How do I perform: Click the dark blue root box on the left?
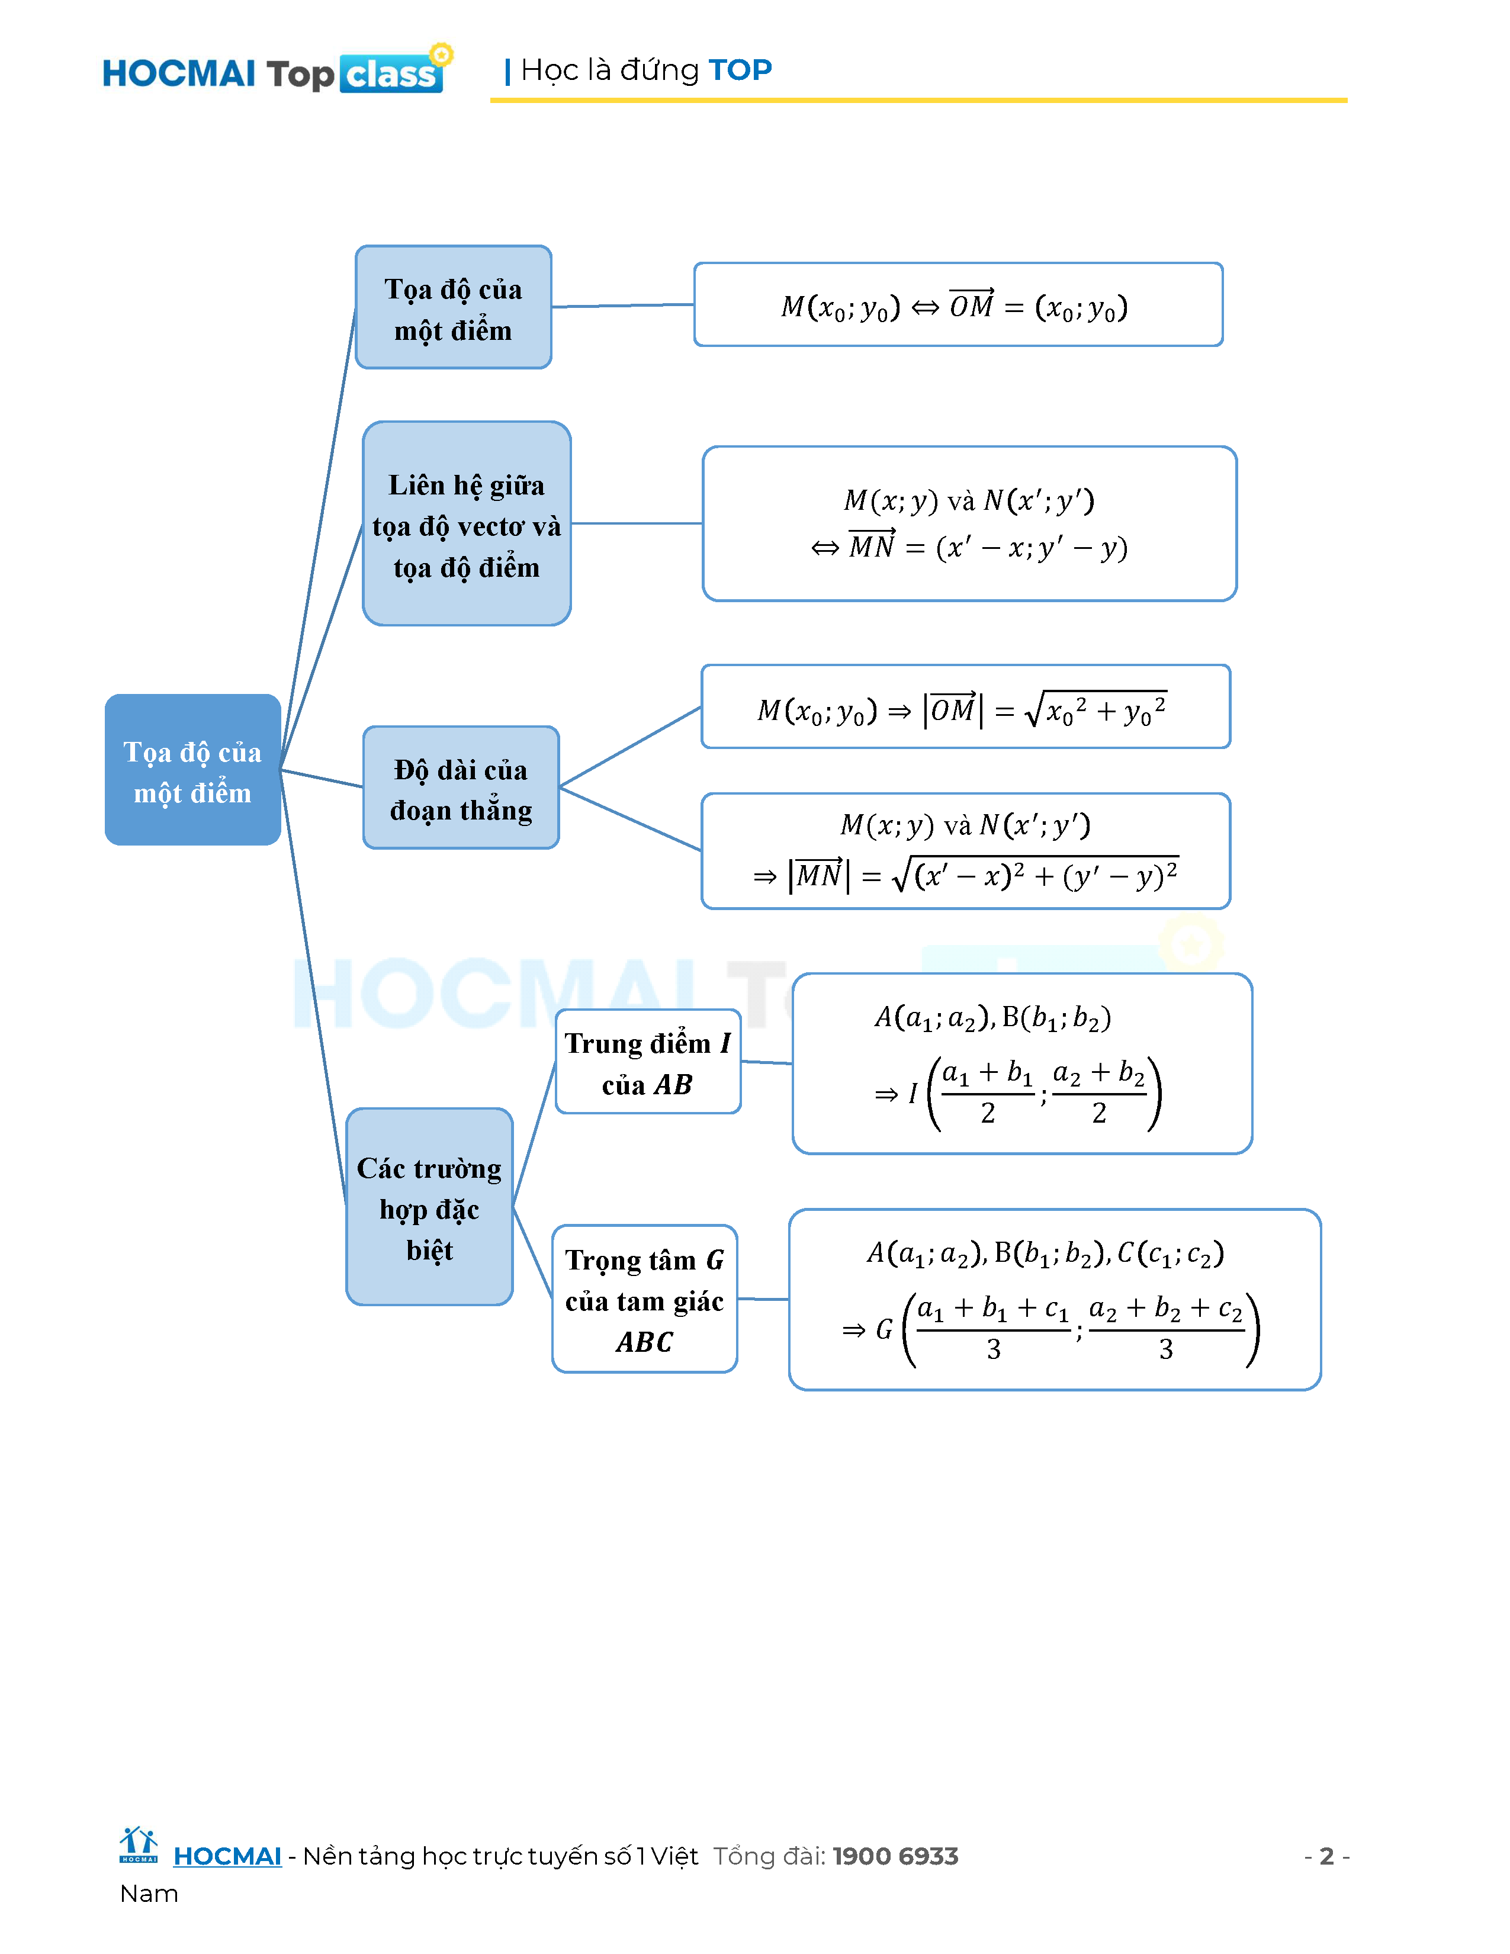pos(192,769)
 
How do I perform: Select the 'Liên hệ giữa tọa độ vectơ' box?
pos(466,523)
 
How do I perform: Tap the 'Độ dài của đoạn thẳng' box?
pos(461,788)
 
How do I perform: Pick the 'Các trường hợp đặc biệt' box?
pos(429,1207)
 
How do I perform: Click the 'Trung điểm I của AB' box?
pos(648,1062)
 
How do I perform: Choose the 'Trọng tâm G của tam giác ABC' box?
pos(644,1299)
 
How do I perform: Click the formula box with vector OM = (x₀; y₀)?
pos(957,305)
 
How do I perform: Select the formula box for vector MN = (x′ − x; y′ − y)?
pos(969,523)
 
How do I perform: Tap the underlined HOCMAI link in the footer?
pos(227,1856)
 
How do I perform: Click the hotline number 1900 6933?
pos(895,1856)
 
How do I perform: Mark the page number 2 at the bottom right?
pos(1326,1856)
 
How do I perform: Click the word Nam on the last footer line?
pos(149,1894)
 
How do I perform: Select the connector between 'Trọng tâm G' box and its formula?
pos(763,1298)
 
